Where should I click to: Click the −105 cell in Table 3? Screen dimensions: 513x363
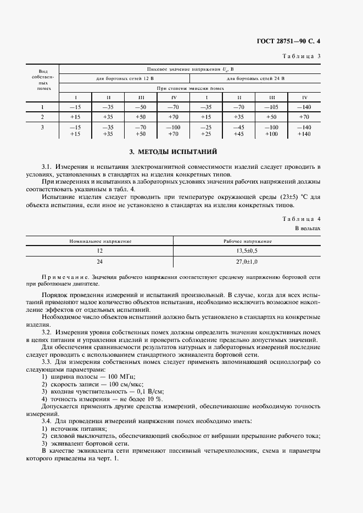(271, 107)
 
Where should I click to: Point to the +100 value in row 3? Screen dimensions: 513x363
(271, 133)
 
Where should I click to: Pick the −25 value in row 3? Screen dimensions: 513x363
(206, 127)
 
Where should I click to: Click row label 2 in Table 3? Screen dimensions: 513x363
(42, 117)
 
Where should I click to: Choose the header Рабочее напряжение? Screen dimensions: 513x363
(248, 241)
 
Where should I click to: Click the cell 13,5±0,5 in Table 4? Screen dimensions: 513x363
(248, 251)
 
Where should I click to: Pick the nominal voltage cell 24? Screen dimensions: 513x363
(99, 261)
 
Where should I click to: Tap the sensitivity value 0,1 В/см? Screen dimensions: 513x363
(143, 391)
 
